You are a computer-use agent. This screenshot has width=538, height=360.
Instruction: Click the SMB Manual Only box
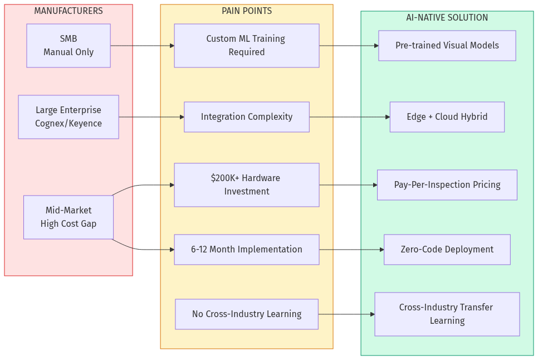pos(69,46)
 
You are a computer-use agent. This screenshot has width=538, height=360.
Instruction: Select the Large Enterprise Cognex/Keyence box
pos(69,117)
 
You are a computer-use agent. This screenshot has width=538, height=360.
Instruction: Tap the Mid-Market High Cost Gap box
pos(69,217)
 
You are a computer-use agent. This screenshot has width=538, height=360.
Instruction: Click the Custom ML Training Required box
pos(247,46)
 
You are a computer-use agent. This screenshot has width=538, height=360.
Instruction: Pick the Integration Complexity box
pos(247,117)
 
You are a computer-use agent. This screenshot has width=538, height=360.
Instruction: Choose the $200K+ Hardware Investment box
pos(247,185)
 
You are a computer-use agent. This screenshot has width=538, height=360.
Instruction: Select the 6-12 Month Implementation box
pos(247,250)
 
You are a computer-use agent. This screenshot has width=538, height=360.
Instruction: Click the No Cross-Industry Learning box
pos(247,314)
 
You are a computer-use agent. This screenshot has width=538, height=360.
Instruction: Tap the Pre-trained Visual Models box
pos(447,46)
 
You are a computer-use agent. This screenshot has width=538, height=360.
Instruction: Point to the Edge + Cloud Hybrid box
pos(447,117)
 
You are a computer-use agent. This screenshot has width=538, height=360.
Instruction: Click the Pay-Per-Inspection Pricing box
pos(447,185)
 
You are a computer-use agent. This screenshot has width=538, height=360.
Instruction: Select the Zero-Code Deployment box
pos(447,250)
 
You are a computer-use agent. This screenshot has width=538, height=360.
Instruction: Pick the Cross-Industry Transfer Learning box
pos(447,314)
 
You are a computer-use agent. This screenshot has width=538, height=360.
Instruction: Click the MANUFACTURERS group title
pos(69,11)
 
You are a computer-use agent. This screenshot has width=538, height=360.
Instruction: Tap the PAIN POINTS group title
pos(247,11)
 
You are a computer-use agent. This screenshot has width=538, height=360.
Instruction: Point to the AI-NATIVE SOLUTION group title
pos(447,18)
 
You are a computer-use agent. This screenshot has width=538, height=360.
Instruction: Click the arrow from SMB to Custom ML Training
pos(142,46)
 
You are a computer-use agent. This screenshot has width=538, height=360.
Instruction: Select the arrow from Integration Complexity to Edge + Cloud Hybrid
pos(349,117)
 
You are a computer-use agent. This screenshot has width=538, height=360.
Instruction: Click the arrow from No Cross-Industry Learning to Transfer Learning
pos(346,314)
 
